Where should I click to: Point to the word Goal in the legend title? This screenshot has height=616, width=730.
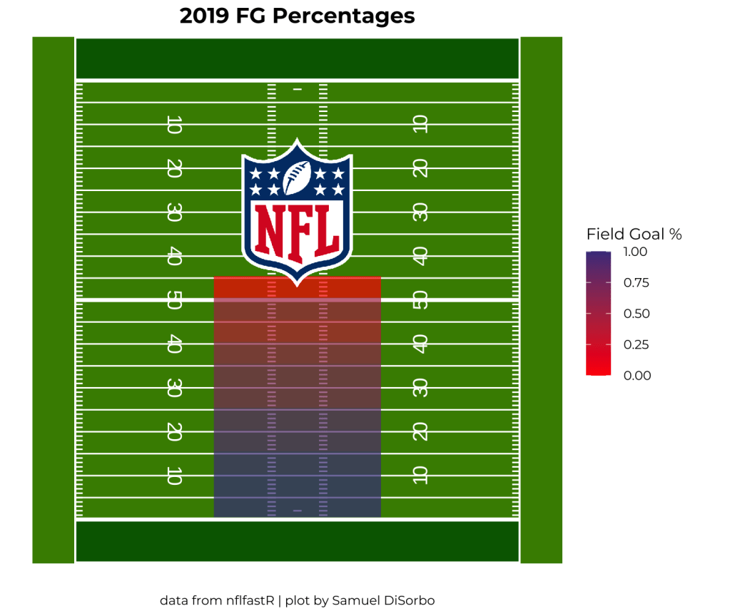click(648, 234)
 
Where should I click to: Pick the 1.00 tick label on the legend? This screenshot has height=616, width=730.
click(636, 252)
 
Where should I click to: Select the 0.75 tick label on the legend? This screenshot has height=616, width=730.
click(636, 282)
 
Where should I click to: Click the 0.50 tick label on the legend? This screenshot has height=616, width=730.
click(636, 314)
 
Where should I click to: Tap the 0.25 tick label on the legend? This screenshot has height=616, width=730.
click(636, 344)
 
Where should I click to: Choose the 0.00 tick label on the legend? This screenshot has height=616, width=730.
click(636, 376)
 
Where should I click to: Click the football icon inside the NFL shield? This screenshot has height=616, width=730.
click(297, 178)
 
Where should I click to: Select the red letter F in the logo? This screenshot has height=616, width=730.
click(298, 230)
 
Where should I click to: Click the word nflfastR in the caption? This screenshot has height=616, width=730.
click(250, 600)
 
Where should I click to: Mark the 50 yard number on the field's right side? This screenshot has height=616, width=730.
click(420, 302)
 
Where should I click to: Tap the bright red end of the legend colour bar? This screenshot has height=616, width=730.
click(598, 369)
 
